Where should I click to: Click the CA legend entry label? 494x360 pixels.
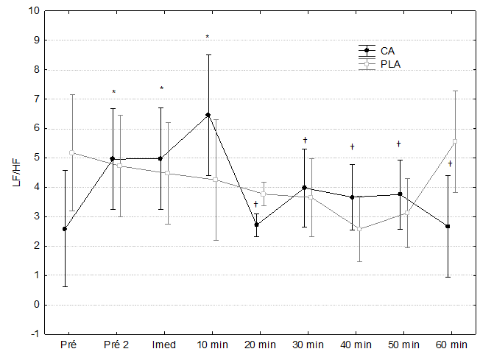[x=388, y=50]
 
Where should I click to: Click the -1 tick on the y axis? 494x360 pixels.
[x=33, y=334]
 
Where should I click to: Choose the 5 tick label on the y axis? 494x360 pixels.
[x=35, y=158]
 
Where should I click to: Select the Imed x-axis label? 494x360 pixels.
[x=161, y=345]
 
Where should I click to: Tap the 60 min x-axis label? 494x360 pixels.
[x=451, y=345]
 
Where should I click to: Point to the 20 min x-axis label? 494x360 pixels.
[x=257, y=345]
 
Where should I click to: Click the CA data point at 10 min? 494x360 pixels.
[x=208, y=115]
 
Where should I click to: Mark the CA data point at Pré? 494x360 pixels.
[x=65, y=229]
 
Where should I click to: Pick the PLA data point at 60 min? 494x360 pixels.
[x=456, y=141]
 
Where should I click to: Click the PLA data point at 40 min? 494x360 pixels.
[x=359, y=229]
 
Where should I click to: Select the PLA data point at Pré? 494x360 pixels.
[x=71, y=152]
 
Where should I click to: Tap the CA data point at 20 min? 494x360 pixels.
[x=256, y=225]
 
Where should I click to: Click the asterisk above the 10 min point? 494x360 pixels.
[x=208, y=37]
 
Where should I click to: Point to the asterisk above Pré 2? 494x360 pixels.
[x=114, y=93]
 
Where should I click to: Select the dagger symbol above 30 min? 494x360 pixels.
[x=305, y=140]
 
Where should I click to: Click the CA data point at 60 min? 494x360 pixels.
[x=448, y=226]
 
